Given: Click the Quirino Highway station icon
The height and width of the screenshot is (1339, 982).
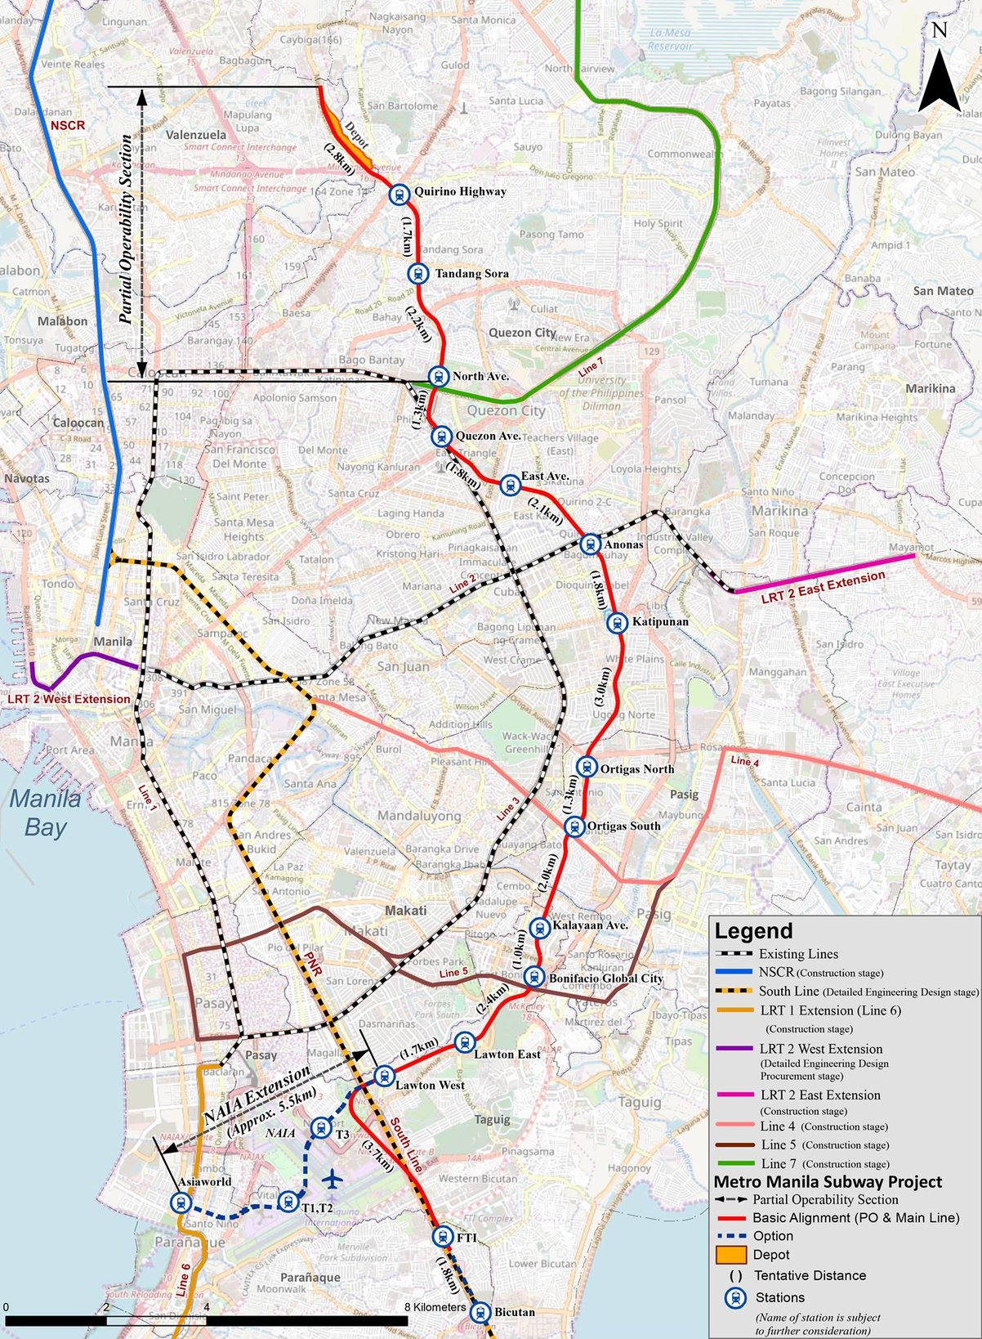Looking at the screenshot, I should point(399,194).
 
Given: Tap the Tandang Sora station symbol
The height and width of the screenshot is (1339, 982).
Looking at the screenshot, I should point(419,274).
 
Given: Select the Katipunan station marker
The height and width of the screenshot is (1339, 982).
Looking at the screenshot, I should point(618,623).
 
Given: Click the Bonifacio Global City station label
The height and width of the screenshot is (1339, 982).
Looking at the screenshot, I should point(605,978).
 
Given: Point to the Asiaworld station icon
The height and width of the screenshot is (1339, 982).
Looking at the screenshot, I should point(181,1202).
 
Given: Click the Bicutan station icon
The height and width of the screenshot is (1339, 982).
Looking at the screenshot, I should point(480,1312).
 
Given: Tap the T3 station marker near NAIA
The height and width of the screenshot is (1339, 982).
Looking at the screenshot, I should point(321,1129).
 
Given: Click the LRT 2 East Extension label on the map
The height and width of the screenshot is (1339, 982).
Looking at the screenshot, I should point(823,586).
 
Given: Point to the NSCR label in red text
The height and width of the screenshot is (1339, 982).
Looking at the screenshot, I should point(67,126).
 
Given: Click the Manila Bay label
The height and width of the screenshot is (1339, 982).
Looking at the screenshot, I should point(46,813).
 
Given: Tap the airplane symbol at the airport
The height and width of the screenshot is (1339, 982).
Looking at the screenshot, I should point(332,1179).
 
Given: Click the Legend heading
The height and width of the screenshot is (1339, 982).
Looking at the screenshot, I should point(753,931).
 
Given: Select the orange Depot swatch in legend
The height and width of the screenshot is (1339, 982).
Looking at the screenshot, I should point(731,1255).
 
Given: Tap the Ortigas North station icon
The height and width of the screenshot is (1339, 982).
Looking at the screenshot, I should point(586,767).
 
